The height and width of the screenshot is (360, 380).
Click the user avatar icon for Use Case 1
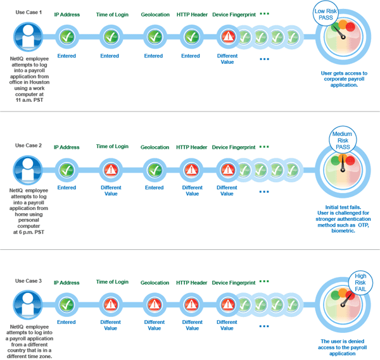click(28, 37)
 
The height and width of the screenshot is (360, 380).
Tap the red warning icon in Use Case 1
click(228, 37)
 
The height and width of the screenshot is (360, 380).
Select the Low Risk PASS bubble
click(326, 14)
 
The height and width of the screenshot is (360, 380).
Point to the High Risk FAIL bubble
click(360, 282)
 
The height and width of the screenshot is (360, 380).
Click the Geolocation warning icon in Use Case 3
click(155, 304)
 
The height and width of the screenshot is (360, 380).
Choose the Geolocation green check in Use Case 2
click(155, 170)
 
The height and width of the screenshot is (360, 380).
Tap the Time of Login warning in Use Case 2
click(111, 170)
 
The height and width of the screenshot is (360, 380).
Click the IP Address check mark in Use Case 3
click(66, 304)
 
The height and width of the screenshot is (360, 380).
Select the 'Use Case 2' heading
click(28, 146)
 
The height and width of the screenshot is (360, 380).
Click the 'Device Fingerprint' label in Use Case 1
click(234, 15)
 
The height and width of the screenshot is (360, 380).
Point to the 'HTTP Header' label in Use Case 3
click(191, 283)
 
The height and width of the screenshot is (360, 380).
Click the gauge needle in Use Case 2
click(343, 163)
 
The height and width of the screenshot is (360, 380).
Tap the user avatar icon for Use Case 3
click(28, 305)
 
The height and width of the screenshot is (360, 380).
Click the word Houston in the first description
click(39, 82)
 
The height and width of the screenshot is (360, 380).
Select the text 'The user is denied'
click(343, 341)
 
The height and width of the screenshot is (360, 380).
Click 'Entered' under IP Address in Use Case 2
click(66, 188)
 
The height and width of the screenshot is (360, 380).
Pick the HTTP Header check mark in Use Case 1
click(192, 37)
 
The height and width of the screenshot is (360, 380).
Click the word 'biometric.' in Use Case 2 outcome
click(343, 231)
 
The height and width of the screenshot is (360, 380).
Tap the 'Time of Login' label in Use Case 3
click(112, 282)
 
